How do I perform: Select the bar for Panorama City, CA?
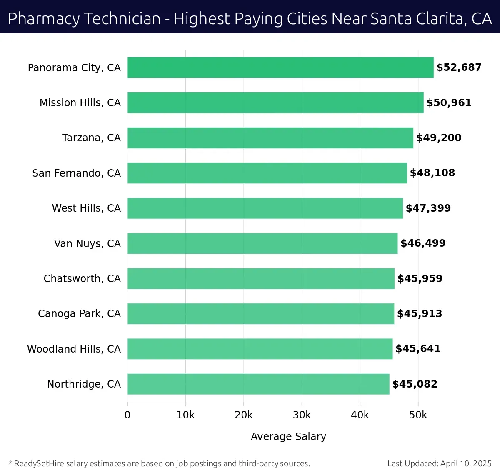[x=280, y=67]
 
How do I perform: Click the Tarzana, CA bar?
[x=270, y=138]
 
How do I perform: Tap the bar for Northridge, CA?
[x=258, y=384]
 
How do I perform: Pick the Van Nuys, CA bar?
[x=262, y=243]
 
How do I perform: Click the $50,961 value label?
[x=449, y=103]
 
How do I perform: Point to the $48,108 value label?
[x=432, y=173]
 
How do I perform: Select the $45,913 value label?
[x=420, y=314]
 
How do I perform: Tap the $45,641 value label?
[x=418, y=349]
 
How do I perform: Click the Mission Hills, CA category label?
[x=80, y=103]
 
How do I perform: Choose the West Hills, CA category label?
[x=86, y=208]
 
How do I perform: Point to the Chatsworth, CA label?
[x=82, y=279]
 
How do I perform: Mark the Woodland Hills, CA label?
[x=74, y=349]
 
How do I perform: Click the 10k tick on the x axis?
[x=185, y=415]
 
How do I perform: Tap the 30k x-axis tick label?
[x=302, y=415]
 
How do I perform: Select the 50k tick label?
[x=418, y=415]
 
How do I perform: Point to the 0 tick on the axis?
[x=127, y=415]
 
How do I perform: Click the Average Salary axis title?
[x=288, y=436]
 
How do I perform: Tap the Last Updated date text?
[x=439, y=463]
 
